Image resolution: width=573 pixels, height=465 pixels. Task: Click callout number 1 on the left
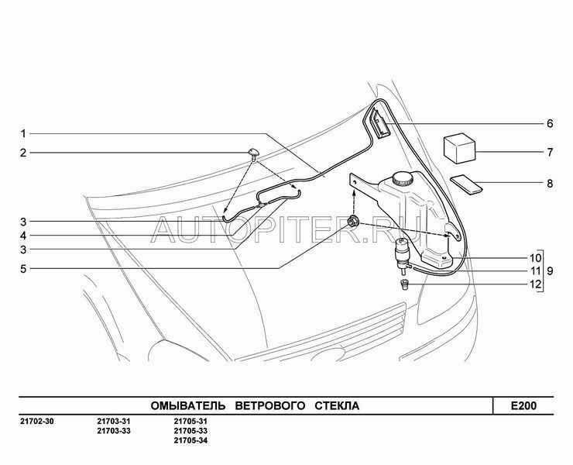23,134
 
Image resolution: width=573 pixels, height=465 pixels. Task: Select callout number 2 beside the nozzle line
23,153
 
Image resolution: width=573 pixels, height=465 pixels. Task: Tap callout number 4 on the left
23,236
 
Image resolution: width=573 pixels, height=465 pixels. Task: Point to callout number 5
23,269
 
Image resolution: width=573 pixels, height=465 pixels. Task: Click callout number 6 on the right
550,124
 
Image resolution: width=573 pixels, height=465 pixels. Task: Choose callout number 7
550,152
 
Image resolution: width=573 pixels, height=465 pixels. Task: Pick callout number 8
550,184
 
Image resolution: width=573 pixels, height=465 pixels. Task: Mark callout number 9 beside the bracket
550,271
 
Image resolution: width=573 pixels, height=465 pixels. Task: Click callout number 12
535,284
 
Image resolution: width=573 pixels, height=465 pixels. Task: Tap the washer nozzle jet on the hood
252,153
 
